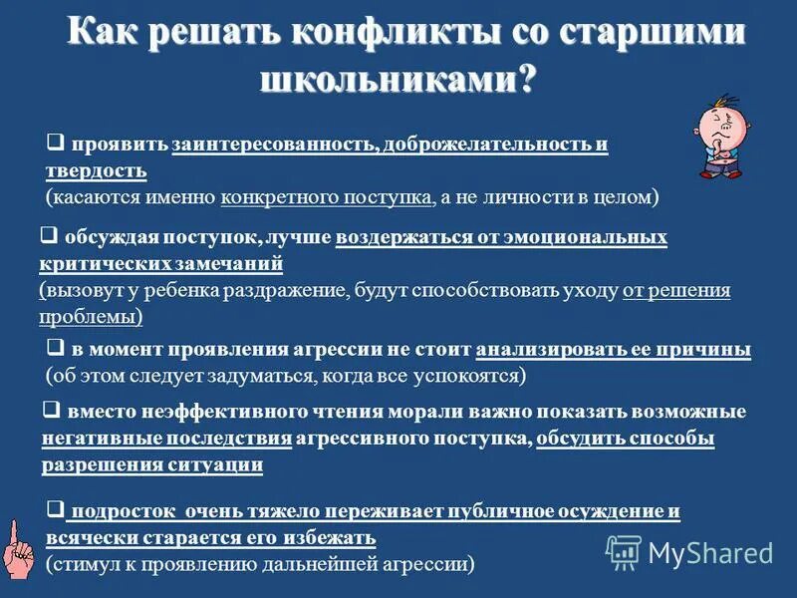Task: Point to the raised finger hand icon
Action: (x=17, y=548)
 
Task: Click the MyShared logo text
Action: (x=710, y=551)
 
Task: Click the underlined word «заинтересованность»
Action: (x=274, y=146)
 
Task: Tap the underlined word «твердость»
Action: (x=96, y=170)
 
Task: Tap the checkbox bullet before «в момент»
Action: (x=56, y=350)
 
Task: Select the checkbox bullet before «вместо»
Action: (x=52, y=412)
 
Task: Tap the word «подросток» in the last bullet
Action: (x=119, y=512)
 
